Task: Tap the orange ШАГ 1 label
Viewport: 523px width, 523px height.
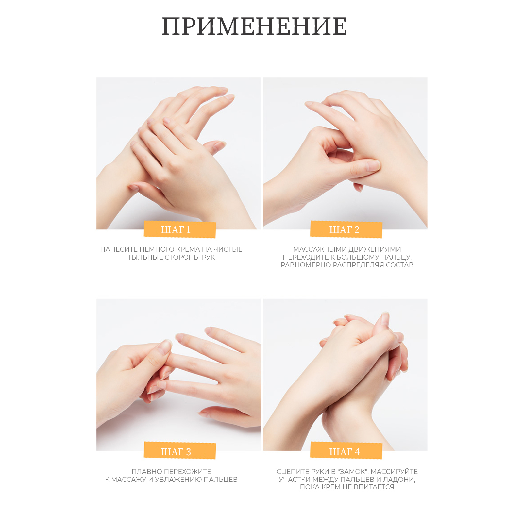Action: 180,229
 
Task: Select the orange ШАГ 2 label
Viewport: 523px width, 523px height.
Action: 346,229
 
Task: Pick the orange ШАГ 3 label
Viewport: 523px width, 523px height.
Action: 180,451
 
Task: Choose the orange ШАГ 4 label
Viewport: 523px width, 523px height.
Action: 346,451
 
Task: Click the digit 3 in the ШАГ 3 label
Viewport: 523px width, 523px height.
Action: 188,452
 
